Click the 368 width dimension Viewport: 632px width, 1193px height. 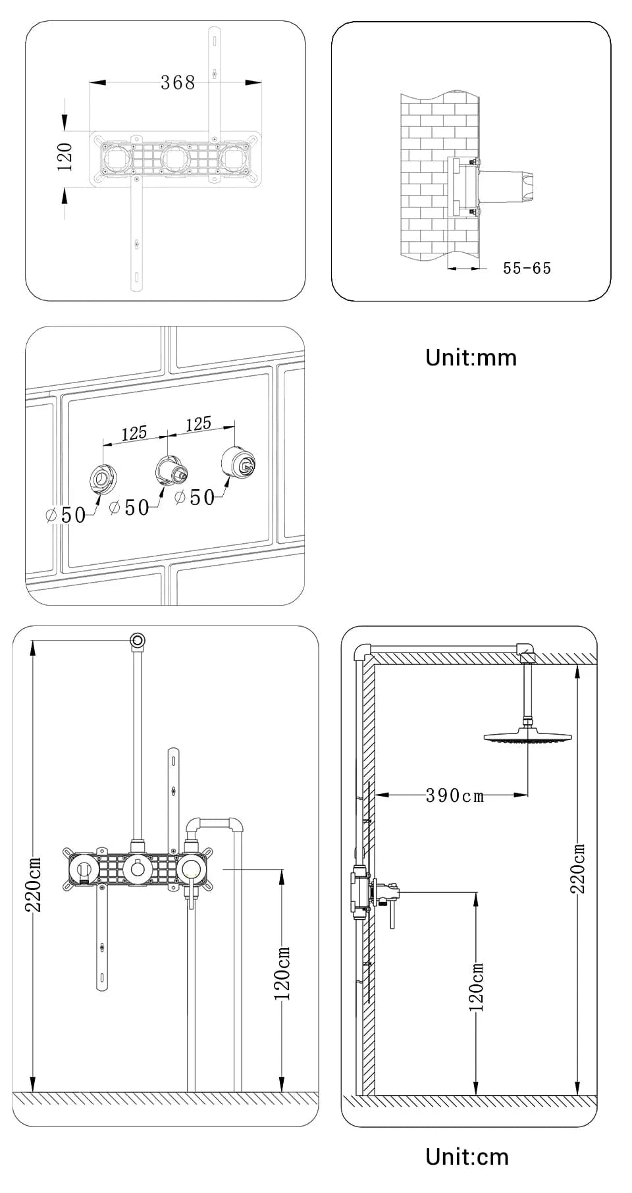click(x=178, y=82)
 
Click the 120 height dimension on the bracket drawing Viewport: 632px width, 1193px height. click(x=65, y=157)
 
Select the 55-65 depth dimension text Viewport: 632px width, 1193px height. click(x=527, y=268)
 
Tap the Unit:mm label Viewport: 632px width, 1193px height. click(x=471, y=358)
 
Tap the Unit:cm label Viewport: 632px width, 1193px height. click(x=467, y=1156)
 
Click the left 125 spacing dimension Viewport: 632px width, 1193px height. click(x=134, y=433)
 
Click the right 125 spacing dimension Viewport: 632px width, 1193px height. click(x=198, y=424)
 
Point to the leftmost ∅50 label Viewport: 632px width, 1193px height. click(x=66, y=515)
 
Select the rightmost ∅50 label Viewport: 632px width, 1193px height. click(x=196, y=498)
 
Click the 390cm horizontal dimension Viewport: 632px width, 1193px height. click(x=454, y=795)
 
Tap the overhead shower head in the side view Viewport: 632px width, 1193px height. click(x=527, y=737)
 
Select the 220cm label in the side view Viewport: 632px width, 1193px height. click(x=577, y=868)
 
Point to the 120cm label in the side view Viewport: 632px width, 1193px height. click(x=477, y=988)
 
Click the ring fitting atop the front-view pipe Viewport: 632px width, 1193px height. click(x=138, y=640)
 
